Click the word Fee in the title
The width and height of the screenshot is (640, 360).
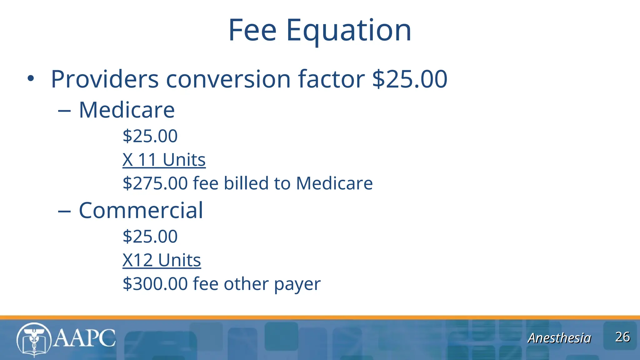(252, 30)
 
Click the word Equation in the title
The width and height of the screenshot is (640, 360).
(348, 31)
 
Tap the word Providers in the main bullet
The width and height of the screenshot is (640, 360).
(105, 79)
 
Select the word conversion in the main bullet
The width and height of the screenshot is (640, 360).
(228, 79)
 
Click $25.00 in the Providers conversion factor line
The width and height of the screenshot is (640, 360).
(410, 79)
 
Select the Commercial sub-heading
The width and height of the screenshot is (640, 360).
(141, 210)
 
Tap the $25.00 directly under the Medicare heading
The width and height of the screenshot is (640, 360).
(150, 136)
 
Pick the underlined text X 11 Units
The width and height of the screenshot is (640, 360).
(164, 160)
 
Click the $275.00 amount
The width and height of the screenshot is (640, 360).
(155, 183)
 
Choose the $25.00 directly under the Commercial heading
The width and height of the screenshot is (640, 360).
(150, 237)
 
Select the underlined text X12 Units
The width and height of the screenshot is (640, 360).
(162, 260)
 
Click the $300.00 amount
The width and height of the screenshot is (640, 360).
(155, 284)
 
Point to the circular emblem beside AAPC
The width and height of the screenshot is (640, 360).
(34, 340)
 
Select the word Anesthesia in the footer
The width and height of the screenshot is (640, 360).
(559, 338)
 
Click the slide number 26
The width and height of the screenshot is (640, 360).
(622, 337)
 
